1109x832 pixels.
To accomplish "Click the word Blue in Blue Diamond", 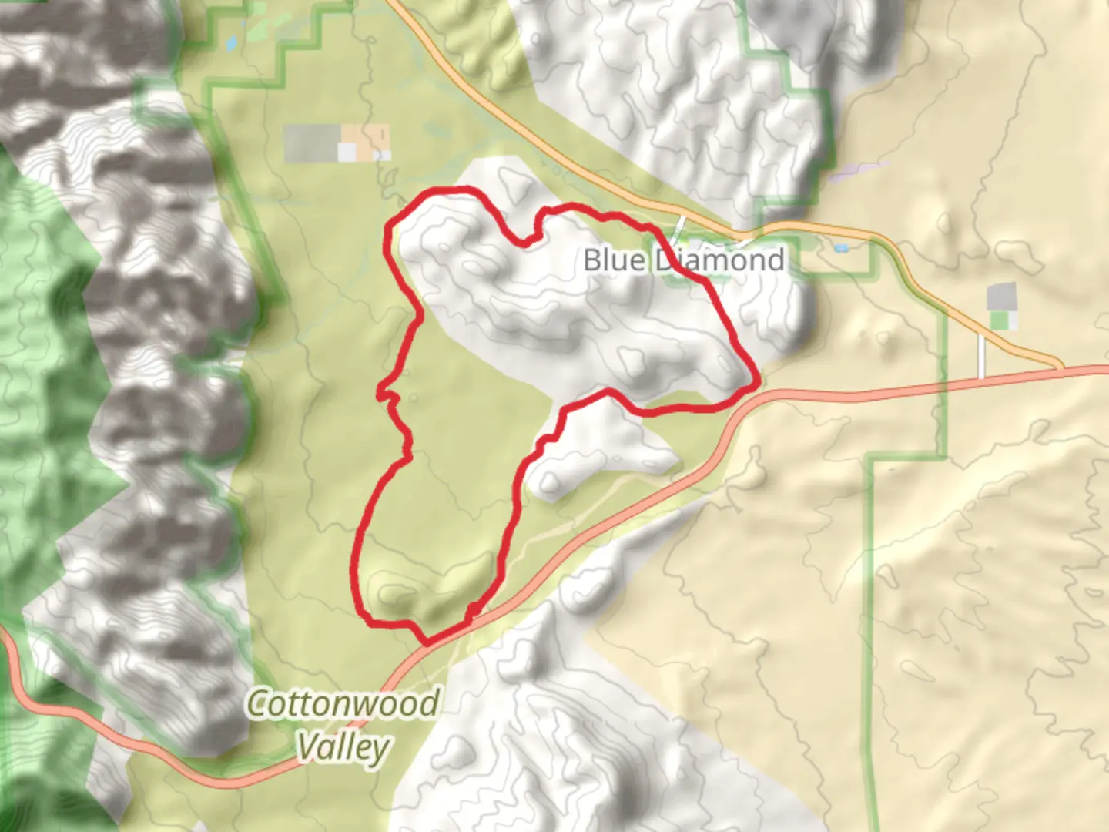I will (x=614, y=260).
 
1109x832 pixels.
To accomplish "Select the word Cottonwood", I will (x=343, y=704).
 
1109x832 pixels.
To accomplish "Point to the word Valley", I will (x=343, y=747).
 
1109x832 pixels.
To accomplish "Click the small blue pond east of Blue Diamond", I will (x=840, y=248).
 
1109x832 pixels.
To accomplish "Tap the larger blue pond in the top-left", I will (x=231, y=44).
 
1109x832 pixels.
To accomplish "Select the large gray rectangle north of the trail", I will (x=311, y=143).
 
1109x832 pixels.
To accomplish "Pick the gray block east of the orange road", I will (x=1001, y=297).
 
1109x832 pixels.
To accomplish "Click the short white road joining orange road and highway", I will (x=981, y=355).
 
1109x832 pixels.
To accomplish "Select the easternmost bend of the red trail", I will (x=758, y=380).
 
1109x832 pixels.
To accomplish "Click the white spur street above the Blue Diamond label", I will (x=679, y=228).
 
